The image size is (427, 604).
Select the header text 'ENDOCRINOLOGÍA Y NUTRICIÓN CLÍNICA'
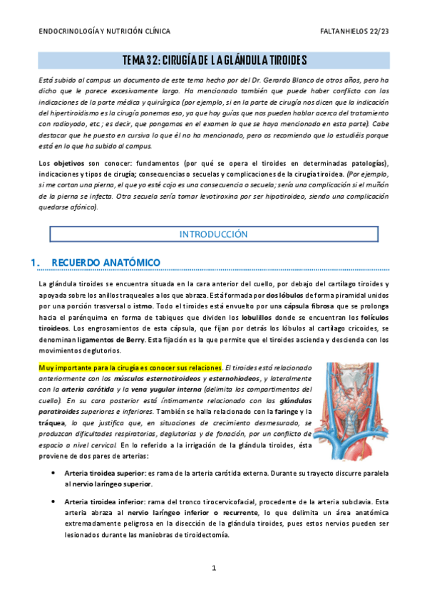point(104,32)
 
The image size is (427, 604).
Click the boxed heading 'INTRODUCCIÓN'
point(213,234)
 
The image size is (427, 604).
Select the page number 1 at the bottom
point(213,568)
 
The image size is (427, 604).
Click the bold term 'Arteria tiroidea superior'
point(104,472)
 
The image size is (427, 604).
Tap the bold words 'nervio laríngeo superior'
point(110,484)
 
